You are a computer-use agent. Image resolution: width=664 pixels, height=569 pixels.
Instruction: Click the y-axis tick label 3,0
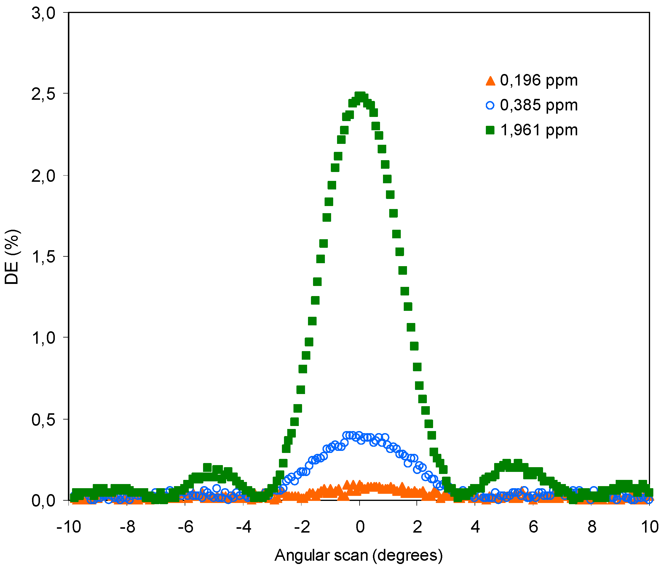coord(43,14)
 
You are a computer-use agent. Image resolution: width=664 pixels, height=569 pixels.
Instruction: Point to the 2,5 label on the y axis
coord(43,95)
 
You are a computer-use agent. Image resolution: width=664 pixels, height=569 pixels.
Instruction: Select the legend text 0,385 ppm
coord(539,105)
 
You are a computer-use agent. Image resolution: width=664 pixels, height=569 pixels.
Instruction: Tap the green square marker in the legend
coord(490,130)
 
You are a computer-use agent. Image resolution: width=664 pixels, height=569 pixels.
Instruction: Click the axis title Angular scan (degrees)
coord(359,556)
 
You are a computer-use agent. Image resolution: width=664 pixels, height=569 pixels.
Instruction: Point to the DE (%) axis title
coord(12,257)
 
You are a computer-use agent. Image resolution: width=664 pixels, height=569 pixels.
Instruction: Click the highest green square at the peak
coord(360,96)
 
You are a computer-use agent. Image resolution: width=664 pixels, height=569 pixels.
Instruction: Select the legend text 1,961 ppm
coord(539,130)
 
